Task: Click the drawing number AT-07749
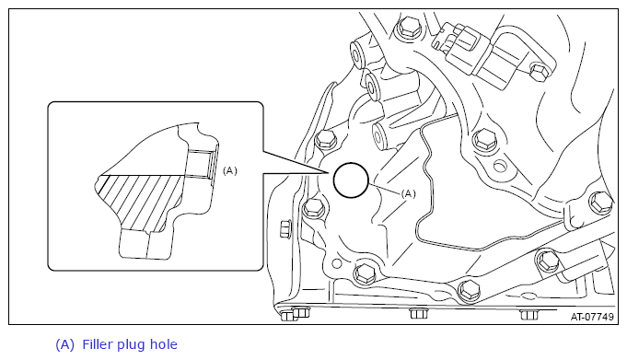pyautogui.click(x=592, y=317)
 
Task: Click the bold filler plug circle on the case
pyautogui.click(x=351, y=163)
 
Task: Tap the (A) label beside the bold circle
pyautogui.click(x=408, y=194)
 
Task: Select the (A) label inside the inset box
pyautogui.click(x=230, y=171)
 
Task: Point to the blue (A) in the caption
pyautogui.click(x=64, y=344)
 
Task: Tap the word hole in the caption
pyautogui.click(x=164, y=344)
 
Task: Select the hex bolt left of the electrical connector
pyautogui.click(x=407, y=28)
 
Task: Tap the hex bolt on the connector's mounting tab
pyautogui.click(x=539, y=71)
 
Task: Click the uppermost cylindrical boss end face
pyautogui.click(x=356, y=52)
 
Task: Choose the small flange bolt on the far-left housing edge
pyautogui.click(x=284, y=229)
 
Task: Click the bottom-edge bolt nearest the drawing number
pyautogui.click(x=528, y=314)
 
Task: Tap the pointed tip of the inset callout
pyautogui.click(x=329, y=173)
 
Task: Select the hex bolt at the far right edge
pyautogui.click(x=600, y=203)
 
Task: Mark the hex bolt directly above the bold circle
pyautogui.click(x=326, y=140)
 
